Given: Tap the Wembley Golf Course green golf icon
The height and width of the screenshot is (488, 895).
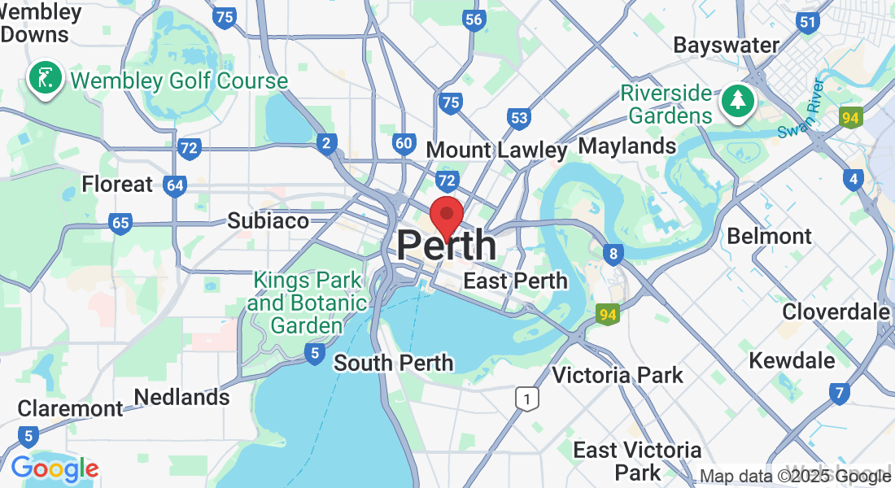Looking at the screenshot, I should (45, 79).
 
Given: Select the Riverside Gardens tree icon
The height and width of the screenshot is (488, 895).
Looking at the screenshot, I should (738, 102).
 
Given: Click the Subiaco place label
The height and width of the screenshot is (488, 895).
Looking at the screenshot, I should (268, 220).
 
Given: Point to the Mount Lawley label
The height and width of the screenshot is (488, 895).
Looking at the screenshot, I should (496, 150).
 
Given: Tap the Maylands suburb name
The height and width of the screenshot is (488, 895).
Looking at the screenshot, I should (626, 146).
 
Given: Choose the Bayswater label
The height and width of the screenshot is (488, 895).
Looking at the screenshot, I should (727, 46).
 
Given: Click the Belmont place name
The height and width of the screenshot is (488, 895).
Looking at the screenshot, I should (769, 236).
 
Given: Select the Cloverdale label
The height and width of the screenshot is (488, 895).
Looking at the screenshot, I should (836, 312).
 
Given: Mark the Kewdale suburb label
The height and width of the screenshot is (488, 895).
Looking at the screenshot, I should (792, 360).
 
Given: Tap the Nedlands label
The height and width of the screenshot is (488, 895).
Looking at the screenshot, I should (181, 398).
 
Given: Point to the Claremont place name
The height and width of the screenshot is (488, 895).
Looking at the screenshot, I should (70, 408).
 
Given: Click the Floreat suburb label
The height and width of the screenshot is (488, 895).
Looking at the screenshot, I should (117, 185).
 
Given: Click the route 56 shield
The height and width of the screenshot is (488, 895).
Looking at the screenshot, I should (474, 20).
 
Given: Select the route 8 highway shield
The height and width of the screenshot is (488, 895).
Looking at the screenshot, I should (613, 255).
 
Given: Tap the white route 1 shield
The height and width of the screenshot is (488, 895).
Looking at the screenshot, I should (528, 399).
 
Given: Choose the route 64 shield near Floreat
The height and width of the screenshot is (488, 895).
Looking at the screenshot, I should (174, 185).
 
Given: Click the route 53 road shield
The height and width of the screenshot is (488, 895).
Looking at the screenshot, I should (519, 119).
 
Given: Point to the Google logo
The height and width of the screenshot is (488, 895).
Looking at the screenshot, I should (55, 468).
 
